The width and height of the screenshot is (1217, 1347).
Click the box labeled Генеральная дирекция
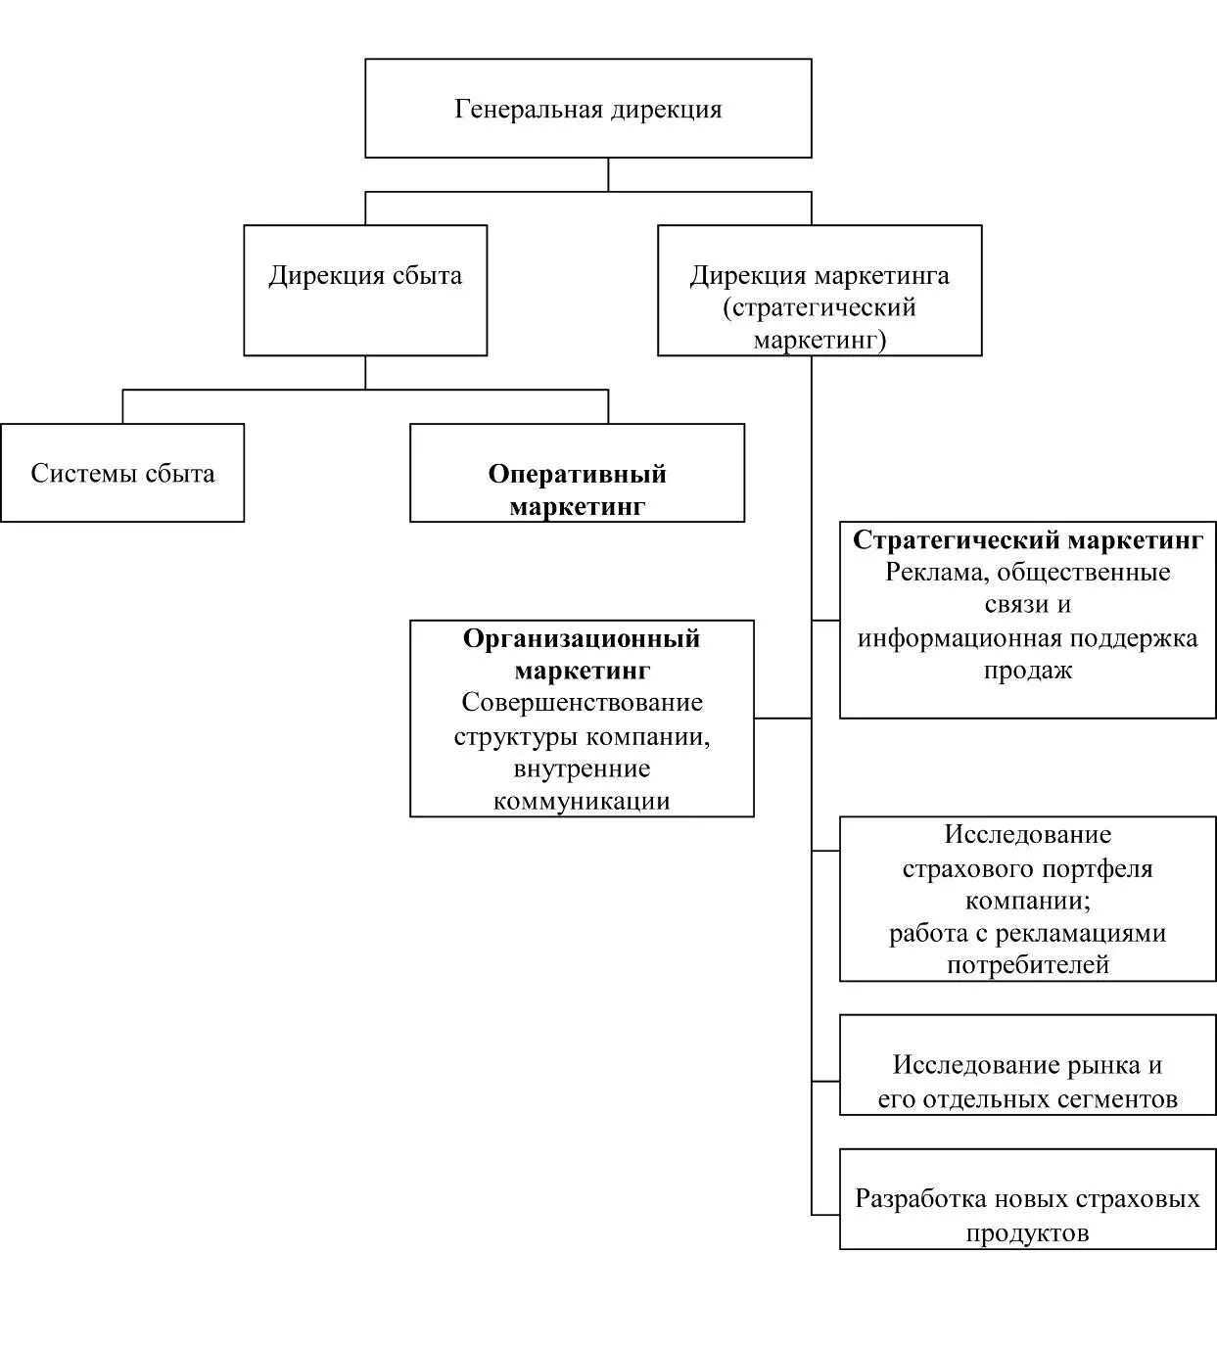pos(587,108)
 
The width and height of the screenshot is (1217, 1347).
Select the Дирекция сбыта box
pos(365,290)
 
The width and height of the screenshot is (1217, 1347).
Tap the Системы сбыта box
pos(122,473)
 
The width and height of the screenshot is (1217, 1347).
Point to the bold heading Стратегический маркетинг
pos(1027,539)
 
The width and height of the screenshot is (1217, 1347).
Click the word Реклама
pos(927,572)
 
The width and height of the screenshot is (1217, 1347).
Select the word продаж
pos(1027,671)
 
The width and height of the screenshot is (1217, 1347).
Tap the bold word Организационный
pos(582,638)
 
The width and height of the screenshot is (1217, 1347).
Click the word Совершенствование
pos(582,703)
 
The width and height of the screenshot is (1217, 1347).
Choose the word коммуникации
pos(582,801)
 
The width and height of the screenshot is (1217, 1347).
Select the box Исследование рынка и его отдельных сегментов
pos(1027,1064)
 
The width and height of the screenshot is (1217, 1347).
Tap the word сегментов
pos(1125,1098)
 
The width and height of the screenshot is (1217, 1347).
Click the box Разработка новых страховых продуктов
pos(1027,1199)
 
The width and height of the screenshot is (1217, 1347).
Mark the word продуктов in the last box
pos(1027,1232)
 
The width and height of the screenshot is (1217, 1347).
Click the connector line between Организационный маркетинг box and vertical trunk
pos(782,719)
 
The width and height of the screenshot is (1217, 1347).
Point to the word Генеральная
pos(528,108)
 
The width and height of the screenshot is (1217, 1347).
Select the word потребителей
pos(1027,965)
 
